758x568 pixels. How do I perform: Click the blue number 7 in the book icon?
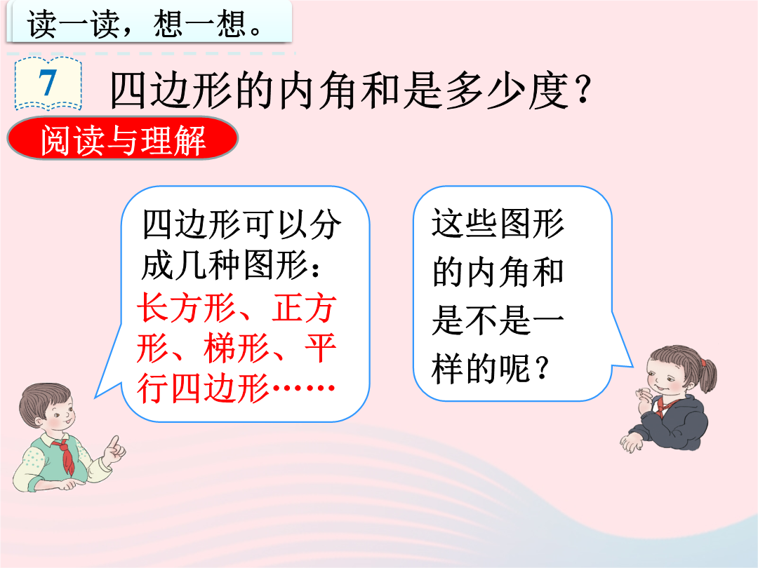48,83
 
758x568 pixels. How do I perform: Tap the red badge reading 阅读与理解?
122,139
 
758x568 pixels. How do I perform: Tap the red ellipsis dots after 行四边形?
304,387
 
